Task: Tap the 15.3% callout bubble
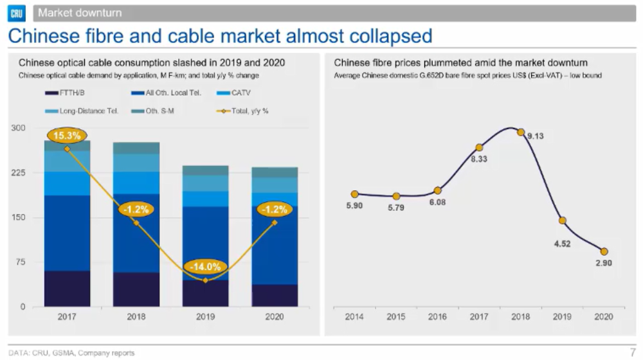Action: tap(67, 136)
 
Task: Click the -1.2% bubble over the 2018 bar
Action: tap(136, 209)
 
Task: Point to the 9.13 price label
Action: tap(536, 136)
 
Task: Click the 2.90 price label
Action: tap(604, 264)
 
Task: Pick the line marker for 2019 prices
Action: tap(563, 221)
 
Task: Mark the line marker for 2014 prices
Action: tap(354, 194)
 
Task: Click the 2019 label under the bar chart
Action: tap(205, 317)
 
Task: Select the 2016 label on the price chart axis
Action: tap(437, 317)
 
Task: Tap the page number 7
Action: tap(632, 353)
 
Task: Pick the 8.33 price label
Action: tap(478, 159)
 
